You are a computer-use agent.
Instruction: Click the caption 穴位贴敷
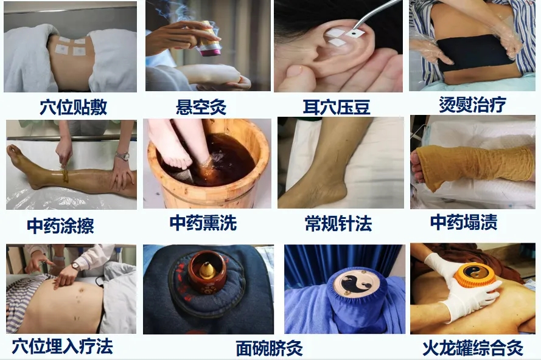click(74, 107)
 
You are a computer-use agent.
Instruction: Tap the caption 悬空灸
click(201, 106)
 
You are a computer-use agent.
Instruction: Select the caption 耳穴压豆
click(337, 107)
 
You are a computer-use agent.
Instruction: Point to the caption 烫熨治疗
click(472, 104)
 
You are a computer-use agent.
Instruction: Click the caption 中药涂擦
click(61, 226)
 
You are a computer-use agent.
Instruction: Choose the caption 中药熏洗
click(203, 223)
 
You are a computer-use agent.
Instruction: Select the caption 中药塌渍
click(464, 222)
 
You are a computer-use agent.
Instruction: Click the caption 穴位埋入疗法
click(63, 346)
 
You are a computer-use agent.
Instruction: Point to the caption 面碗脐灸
click(269, 348)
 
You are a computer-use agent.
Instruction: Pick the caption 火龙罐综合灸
click(473, 348)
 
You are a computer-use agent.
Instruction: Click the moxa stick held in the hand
click(208, 40)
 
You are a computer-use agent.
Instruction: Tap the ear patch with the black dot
click(355, 33)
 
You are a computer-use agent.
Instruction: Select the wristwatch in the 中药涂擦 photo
click(122, 156)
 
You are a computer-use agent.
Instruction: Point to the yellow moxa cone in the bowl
click(208, 271)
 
